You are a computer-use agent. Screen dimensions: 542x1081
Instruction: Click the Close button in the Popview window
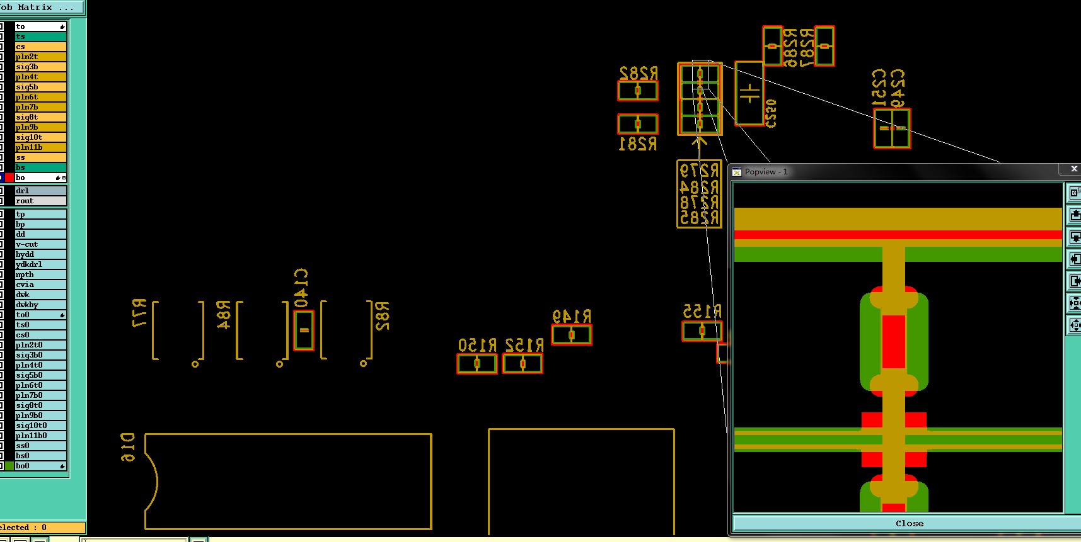909,523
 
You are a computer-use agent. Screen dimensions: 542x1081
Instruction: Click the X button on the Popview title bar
1074,169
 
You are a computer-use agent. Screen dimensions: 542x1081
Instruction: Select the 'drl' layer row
40,191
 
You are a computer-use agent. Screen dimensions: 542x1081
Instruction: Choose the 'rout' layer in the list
40,201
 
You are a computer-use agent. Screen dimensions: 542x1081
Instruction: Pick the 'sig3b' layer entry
40,67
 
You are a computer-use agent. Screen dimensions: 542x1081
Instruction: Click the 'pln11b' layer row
40,147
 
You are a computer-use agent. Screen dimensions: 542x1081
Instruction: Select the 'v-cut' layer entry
40,244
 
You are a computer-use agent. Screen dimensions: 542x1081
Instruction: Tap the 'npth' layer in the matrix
40,274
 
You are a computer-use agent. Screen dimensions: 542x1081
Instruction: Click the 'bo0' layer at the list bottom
40,466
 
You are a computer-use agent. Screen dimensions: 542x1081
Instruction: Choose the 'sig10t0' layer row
40,426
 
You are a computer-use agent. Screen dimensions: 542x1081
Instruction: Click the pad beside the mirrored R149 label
572,335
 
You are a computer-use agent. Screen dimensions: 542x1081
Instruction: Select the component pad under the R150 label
477,364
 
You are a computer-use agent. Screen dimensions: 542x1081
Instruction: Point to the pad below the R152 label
523,364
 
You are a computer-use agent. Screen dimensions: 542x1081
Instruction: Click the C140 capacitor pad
304,330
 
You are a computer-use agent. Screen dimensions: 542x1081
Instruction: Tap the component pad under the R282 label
638,91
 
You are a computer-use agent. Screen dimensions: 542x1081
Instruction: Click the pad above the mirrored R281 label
638,124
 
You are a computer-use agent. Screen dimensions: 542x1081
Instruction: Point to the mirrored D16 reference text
127,447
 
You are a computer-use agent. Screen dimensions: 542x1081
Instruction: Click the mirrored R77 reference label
139,313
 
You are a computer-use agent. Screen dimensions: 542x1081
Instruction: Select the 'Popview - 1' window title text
766,172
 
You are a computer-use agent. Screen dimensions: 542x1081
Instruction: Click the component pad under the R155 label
702,331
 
